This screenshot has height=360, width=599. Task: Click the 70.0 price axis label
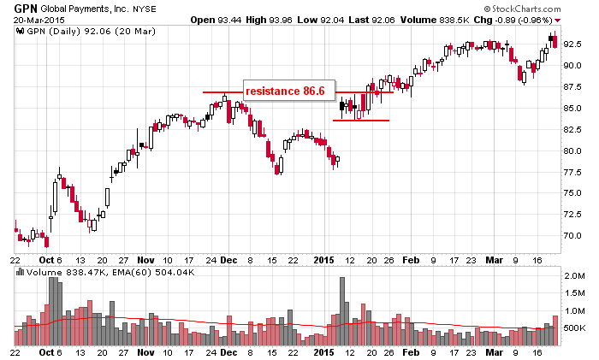(x=572, y=235)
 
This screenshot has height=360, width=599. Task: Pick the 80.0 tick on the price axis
(x=572, y=150)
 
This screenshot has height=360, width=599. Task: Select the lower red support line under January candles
(x=360, y=121)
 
